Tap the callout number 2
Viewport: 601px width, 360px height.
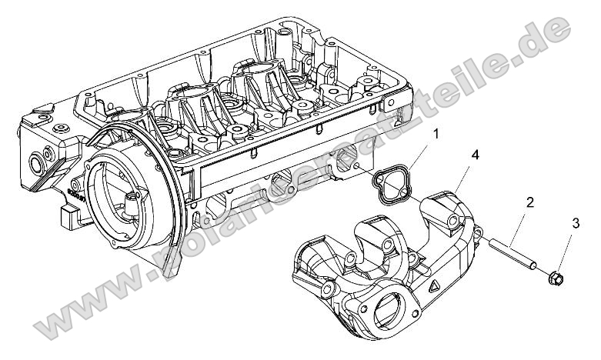[529, 203]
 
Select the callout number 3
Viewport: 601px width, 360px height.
[575, 224]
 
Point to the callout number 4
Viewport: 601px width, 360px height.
[475, 156]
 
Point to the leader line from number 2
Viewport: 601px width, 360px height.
[523, 222]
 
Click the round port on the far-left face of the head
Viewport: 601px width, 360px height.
[35, 163]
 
